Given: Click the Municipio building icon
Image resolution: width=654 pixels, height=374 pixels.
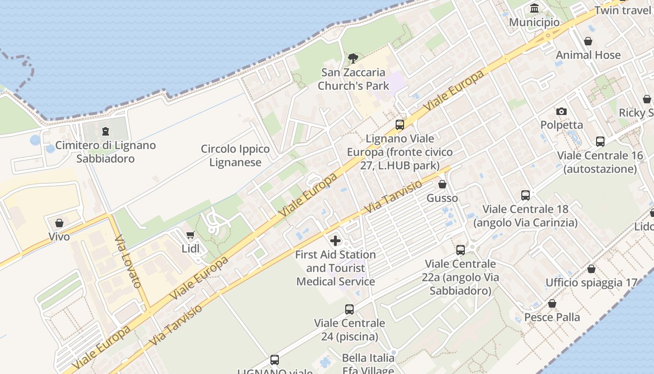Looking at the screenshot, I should point(534,8).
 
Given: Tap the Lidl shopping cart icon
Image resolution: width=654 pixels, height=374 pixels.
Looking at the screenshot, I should point(190,235).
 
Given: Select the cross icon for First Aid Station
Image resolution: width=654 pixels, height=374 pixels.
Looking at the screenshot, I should point(335,241).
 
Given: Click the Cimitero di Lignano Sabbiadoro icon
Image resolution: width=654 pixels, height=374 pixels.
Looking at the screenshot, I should point(106,131).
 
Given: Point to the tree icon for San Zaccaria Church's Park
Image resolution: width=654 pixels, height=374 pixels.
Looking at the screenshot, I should point(353,58).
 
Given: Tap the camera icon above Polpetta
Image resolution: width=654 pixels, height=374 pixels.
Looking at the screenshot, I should point(562,111).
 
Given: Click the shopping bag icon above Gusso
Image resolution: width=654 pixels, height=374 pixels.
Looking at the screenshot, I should point(442,185).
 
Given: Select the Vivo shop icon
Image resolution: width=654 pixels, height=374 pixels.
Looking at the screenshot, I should point(59,223).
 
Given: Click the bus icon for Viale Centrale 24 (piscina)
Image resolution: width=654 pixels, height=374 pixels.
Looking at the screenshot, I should point(349,309).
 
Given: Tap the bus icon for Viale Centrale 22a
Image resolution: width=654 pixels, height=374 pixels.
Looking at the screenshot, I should point(461,250).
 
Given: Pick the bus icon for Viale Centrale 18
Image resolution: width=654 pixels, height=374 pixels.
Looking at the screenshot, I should point(526,195).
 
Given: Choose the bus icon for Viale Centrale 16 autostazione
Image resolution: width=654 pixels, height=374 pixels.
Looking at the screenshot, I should point(600,142).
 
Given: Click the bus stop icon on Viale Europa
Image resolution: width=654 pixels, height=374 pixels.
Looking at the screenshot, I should point(400,125).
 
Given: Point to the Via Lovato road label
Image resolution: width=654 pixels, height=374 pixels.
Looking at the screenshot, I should point(128,261).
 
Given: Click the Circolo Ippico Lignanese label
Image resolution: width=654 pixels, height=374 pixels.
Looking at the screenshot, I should point(235,156).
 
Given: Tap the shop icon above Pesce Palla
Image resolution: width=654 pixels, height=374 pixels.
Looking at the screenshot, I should point(552,304).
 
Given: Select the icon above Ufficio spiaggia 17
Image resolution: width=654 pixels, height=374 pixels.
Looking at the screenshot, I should point(591,269).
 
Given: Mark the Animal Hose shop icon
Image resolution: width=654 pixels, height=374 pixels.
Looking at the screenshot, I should point(588,41).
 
